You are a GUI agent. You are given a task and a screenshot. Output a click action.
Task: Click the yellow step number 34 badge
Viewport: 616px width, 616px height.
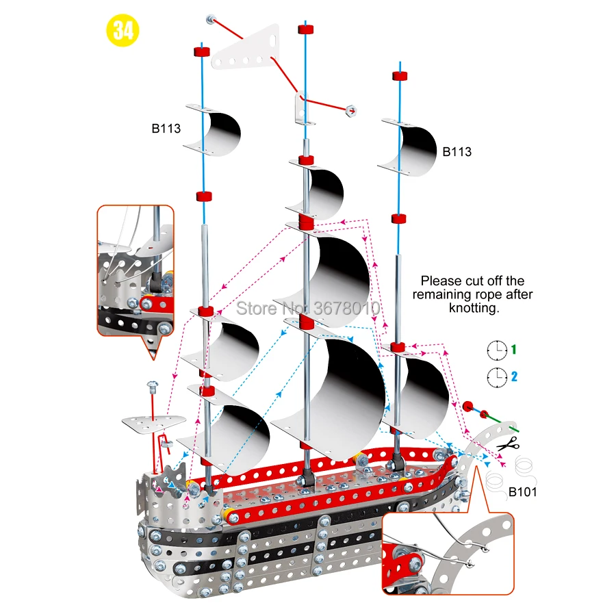click(x=123, y=30)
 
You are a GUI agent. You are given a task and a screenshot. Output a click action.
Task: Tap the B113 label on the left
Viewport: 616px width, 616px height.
click(x=166, y=129)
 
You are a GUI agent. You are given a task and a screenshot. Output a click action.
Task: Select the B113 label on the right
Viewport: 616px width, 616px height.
click(x=457, y=152)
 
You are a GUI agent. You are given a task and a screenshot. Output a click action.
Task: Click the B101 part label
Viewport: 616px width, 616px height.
click(x=522, y=492)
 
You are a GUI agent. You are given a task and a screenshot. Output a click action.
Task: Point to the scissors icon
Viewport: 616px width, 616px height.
click(x=509, y=444)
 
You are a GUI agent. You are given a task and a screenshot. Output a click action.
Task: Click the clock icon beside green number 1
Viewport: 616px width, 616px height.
click(x=497, y=350)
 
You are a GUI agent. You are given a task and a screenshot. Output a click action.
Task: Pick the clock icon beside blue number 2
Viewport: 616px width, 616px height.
click(x=497, y=378)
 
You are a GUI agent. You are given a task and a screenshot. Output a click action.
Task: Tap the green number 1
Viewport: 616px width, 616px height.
click(x=513, y=349)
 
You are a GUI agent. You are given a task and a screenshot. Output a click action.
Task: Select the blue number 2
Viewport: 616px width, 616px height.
click(x=514, y=376)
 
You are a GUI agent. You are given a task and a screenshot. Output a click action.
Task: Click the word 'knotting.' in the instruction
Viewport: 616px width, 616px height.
click(x=474, y=307)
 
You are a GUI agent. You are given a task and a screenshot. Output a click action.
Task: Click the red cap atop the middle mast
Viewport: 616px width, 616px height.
click(x=306, y=29)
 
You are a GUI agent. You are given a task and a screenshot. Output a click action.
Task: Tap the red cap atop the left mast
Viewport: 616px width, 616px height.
click(x=201, y=51)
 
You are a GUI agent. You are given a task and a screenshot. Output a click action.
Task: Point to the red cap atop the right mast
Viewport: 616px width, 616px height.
click(x=400, y=75)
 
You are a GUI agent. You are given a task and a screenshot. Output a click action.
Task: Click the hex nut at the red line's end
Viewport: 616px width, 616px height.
click(x=351, y=111)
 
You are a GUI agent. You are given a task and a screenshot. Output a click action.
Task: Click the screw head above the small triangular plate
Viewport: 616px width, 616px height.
click(x=153, y=384)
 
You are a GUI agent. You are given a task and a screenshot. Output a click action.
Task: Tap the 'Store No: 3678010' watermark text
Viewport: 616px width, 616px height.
click(x=308, y=308)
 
